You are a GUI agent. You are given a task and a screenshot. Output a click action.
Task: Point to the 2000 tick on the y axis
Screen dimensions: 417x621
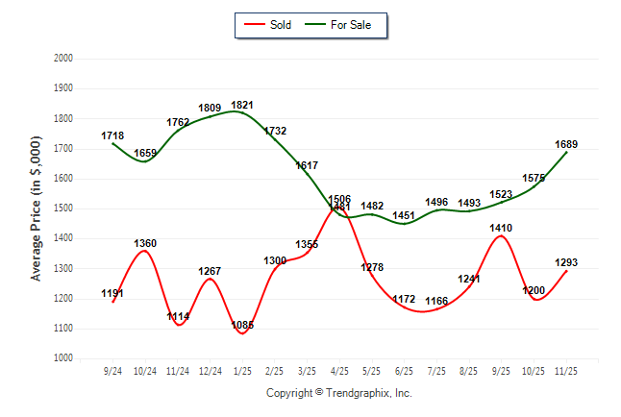(x=62, y=59)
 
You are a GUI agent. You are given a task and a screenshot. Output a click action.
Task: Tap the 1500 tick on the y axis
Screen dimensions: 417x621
(x=62, y=208)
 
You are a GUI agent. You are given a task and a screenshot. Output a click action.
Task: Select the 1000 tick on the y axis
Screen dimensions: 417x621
(x=62, y=358)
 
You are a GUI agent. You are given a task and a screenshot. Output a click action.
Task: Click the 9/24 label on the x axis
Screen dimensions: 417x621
(x=112, y=371)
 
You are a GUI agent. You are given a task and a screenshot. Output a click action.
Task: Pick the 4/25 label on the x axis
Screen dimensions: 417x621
(x=338, y=371)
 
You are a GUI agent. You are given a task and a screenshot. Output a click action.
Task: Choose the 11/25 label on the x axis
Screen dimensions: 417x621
(x=566, y=371)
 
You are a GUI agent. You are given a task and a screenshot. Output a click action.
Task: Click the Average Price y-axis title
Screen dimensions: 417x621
(x=37, y=208)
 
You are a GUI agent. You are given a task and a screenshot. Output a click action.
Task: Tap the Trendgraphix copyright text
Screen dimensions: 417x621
(x=338, y=393)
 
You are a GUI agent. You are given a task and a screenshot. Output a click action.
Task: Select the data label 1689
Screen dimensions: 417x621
(x=566, y=144)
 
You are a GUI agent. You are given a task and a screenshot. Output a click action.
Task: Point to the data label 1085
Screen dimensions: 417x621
(x=242, y=326)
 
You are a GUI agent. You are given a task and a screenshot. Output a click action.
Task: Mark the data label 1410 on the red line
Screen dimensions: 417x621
(x=502, y=228)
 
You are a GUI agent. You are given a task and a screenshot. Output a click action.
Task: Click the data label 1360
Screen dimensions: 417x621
(x=145, y=243)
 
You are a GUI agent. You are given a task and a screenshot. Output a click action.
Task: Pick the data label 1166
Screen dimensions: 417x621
(x=436, y=302)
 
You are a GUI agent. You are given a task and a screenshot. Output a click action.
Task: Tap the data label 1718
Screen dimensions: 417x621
(x=112, y=135)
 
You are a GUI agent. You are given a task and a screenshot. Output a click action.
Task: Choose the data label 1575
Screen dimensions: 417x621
(x=534, y=178)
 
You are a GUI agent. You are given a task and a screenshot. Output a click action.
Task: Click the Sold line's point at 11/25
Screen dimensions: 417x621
(x=566, y=271)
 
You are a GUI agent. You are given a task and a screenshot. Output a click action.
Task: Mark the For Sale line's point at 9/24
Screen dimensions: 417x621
(x=112, y=143)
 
